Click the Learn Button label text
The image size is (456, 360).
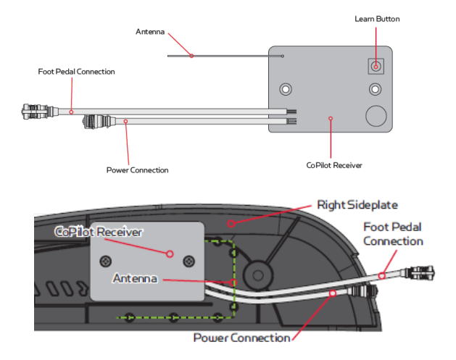point(376,18)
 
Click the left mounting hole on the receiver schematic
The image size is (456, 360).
point(287,90)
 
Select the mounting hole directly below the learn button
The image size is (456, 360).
point(376,90)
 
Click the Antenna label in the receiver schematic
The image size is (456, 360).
point(150,32)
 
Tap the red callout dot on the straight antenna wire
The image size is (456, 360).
point(191,55)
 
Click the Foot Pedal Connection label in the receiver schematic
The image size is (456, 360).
point(76,72)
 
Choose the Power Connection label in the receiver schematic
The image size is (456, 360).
point(137,170)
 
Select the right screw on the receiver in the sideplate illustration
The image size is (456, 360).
point(189,260)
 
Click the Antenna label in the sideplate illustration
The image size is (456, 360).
point(137,278)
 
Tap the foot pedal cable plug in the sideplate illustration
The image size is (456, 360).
point(420,275)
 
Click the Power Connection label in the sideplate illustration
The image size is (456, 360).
point(241,338)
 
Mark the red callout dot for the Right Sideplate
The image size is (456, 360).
point(230,224)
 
